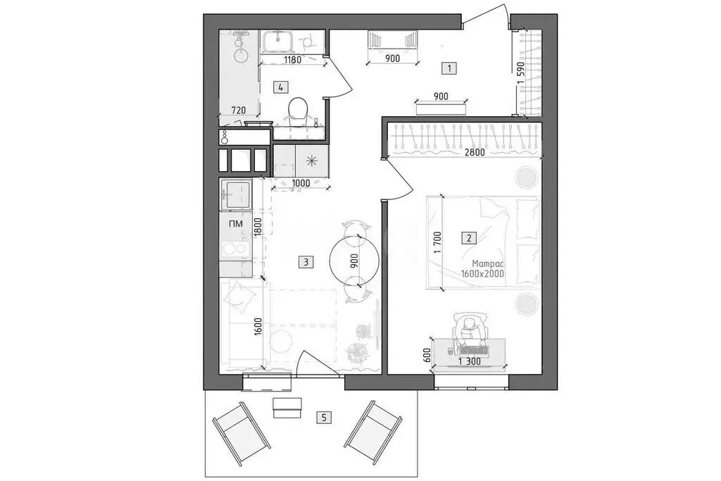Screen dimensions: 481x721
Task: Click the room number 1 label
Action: [x=449, y=68]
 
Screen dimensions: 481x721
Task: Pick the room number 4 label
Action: [x=281, y=87]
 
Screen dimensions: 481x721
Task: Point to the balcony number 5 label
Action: [x=324, y=418]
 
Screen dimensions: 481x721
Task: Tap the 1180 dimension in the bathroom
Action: [x=292, y=60]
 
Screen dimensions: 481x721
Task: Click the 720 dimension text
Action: [x=238, y=110]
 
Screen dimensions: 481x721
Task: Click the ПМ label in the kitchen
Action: [x=236, y=224]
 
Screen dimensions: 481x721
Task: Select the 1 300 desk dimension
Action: [x=468, y=362]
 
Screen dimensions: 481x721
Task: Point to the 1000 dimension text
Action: [x=301, y=183]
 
